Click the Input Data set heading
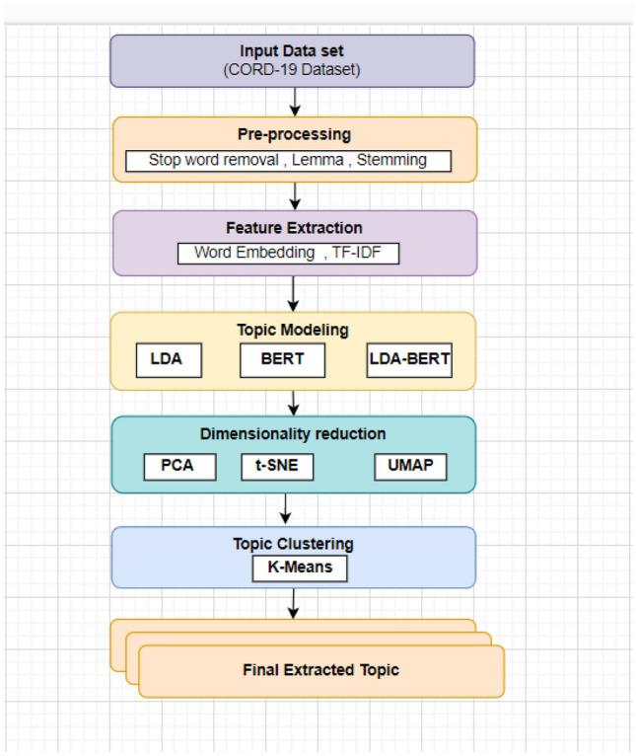(293, 50)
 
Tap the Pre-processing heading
(293, 134)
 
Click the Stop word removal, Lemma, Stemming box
(288, 160)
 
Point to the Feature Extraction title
(293, 228)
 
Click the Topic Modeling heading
(293, 332)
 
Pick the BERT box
(282, 361)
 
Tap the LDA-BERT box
(408, 361)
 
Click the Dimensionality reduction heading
(293, 434)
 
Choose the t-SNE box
(277, 466)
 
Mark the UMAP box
(410, 466)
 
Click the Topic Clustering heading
(293, 544)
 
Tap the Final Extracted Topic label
(320, 670)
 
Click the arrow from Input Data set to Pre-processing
(294, 102)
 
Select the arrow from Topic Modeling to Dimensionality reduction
(294, 402)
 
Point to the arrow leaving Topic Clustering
(294, 605)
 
